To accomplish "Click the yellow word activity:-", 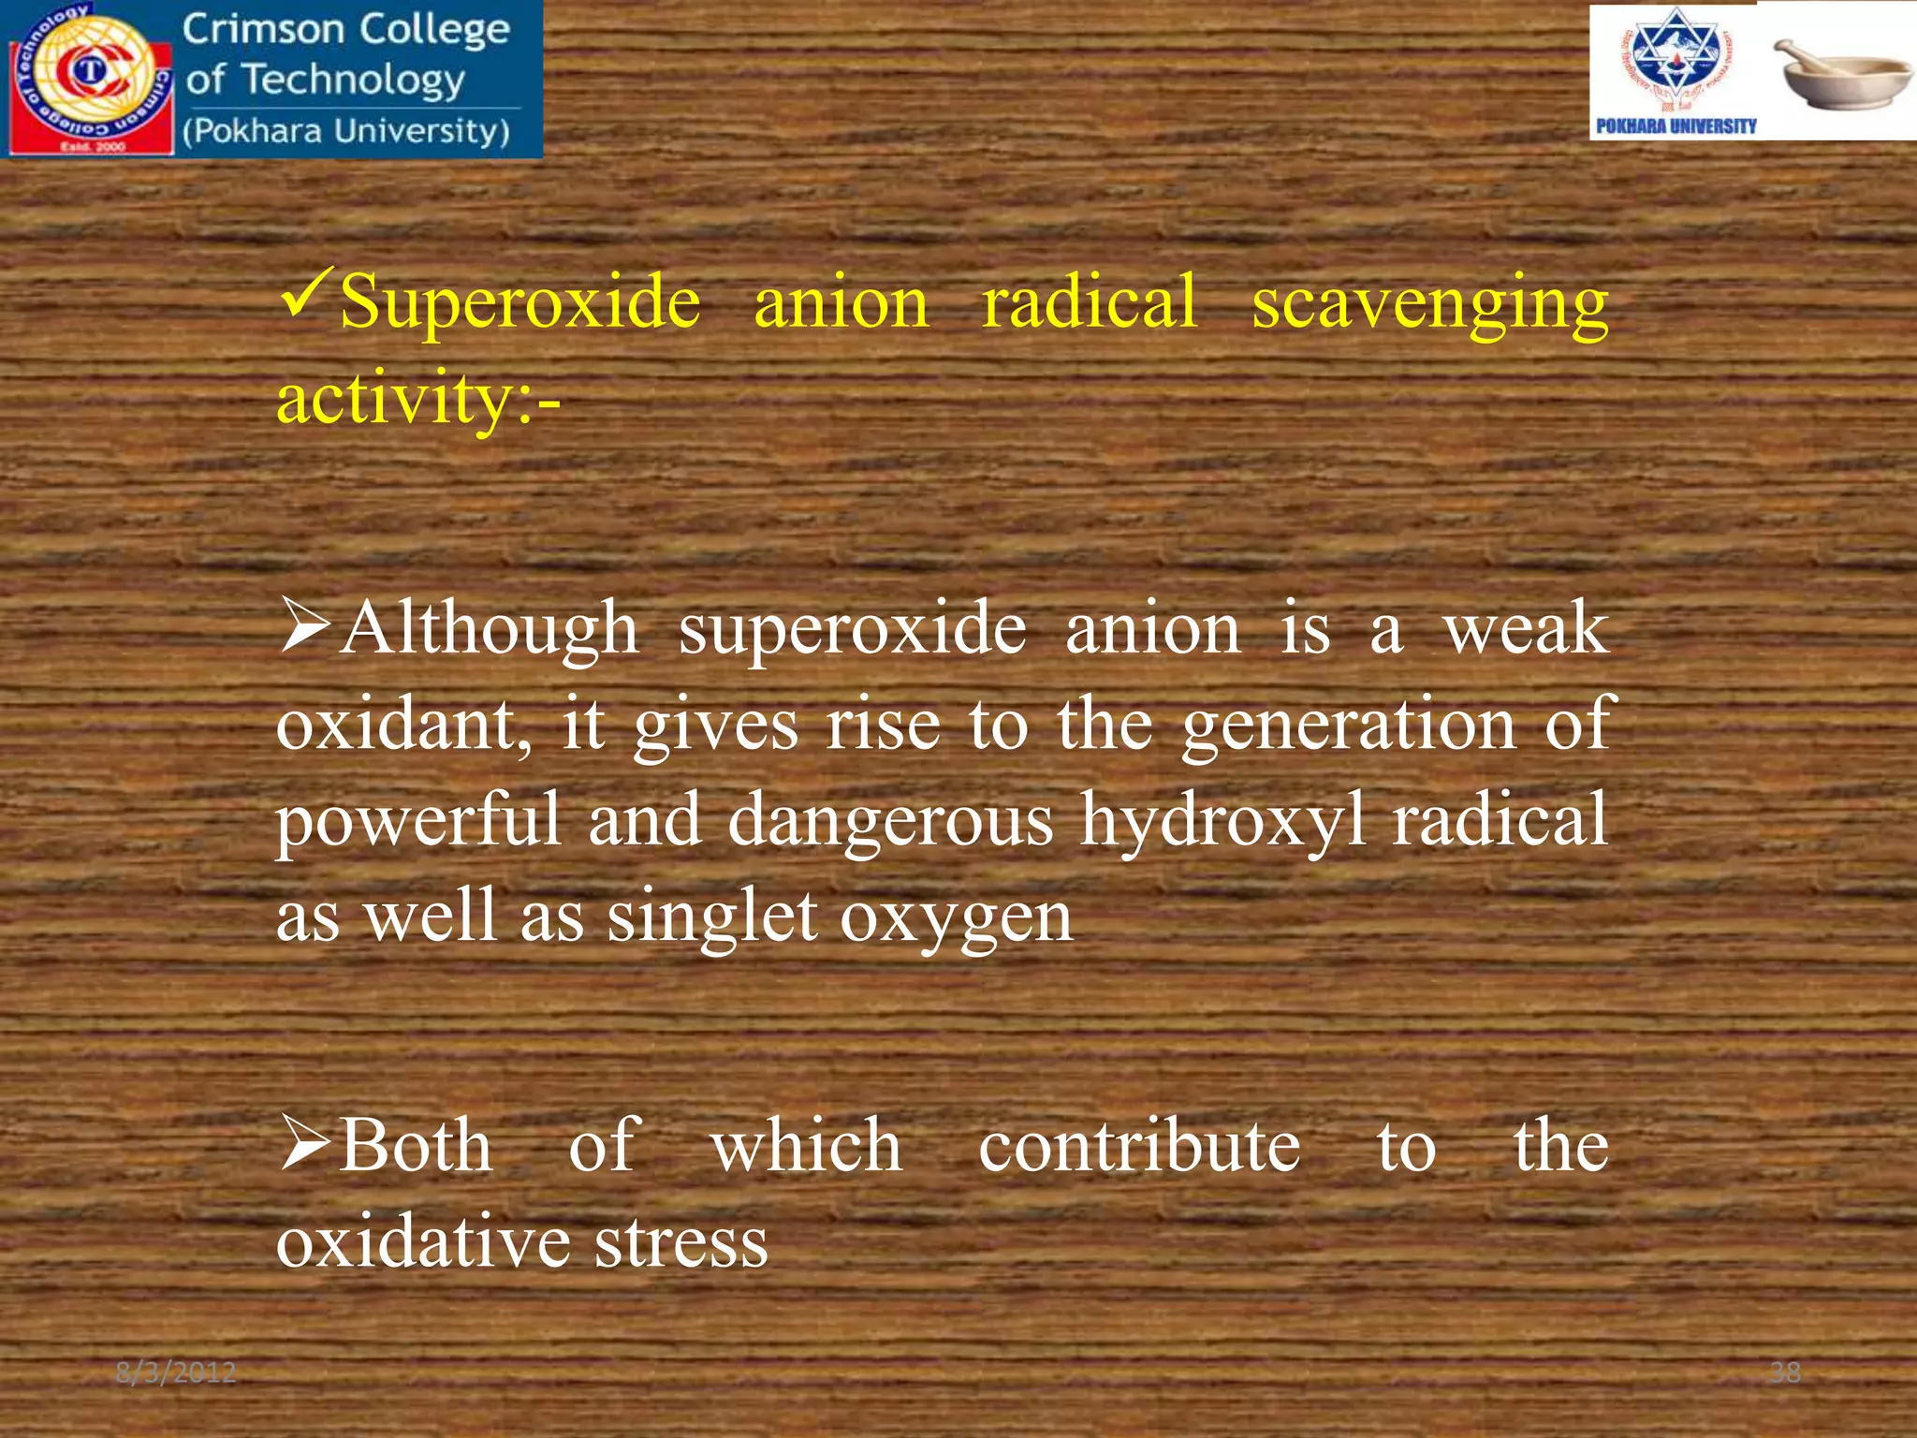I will tap(417, 400).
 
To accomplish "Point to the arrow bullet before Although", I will tap(305, 627).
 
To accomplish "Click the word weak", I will tap(1526, 629).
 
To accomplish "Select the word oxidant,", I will tap(403, 726).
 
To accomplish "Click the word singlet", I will tap(712, 917).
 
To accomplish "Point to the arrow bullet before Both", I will tap(305, 1144).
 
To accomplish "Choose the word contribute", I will tap(1139, 1147).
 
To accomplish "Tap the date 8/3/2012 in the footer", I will tap(175, 1372).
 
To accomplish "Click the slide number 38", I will tap(1785, 1372).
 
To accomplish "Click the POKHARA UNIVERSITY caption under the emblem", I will tap(1676, 126).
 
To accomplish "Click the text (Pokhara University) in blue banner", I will tap(346, 131).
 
